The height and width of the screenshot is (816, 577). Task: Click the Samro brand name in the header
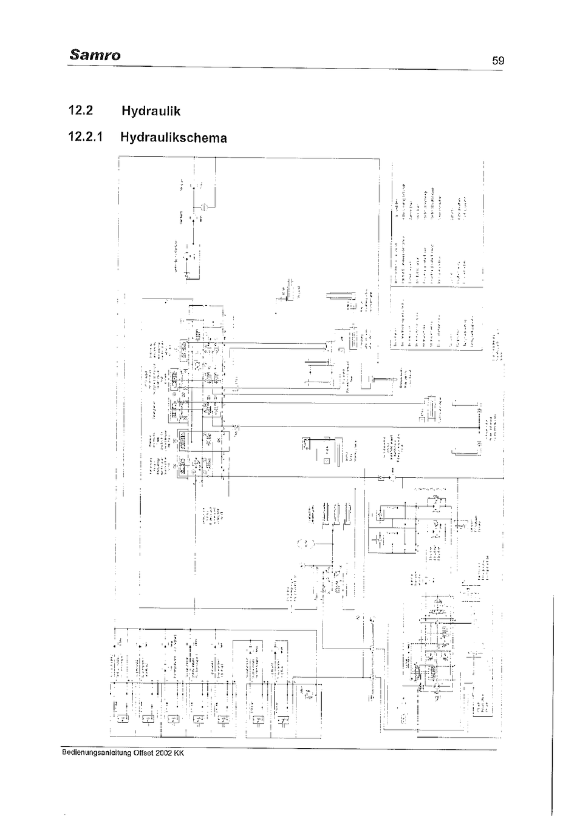[x=95, y=55]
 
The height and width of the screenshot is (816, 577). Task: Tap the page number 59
[x=498, y=60]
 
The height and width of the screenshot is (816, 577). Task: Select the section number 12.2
[x=82, y=111]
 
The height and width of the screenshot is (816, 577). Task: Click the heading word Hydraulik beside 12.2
[x=151, y=112]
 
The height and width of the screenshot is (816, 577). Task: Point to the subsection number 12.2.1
[x=87, y=137]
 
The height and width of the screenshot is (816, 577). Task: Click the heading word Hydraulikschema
[x=173, y=138]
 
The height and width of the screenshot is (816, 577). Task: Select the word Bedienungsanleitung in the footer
[x=97, y=754]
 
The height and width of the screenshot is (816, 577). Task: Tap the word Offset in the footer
[x=144, y=754]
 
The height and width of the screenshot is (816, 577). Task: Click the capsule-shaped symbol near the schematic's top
[x=205, y=207]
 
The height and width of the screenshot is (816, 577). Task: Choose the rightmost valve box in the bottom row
[x=284, y=721]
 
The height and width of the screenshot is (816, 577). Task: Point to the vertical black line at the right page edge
[x=552, y=698]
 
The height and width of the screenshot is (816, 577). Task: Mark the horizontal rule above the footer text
[x=279, y=748]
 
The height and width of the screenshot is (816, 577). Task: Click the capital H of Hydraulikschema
[x=126, y=137]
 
